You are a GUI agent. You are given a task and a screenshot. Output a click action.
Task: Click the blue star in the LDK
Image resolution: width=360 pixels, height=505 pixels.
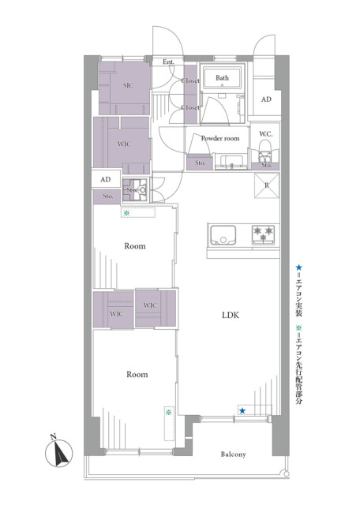(242, 410)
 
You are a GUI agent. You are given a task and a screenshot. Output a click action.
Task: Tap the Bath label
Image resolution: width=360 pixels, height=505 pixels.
(222, 77)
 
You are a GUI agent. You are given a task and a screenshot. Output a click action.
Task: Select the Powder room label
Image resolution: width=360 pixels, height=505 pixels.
(220, 138)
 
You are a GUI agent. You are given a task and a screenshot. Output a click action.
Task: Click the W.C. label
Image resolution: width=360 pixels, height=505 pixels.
(266, 133)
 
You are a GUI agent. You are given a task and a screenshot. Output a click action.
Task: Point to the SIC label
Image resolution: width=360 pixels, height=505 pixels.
(128, 85)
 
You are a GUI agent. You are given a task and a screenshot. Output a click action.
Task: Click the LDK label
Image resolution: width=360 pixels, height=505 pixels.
(231, 315)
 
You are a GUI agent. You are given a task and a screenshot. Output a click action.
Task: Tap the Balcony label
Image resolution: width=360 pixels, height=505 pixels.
(234, 454)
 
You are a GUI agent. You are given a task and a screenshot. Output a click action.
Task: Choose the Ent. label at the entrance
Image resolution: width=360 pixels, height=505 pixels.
(168, 62)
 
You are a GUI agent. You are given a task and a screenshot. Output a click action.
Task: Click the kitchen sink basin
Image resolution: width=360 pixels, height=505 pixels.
(223, 235)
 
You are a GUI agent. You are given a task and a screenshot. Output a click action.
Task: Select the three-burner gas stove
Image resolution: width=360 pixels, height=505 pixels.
(264, 234)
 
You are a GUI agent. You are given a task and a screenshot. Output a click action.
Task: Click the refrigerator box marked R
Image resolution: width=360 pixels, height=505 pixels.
(267, 185)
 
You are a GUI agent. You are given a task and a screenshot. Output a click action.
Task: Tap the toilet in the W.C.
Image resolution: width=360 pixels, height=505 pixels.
(266, 154)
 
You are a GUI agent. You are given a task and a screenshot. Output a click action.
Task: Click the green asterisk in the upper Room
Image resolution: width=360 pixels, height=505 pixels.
(126, 212)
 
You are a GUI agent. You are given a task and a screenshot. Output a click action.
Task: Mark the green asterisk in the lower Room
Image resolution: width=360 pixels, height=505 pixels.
(168, 412)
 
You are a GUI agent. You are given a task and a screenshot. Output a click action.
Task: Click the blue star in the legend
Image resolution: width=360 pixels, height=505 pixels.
(298, 267)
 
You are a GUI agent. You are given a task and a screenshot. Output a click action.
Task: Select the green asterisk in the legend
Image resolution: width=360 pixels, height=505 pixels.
(298, 328)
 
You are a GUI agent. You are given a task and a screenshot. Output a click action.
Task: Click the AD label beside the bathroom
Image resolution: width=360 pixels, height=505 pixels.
(266, 99)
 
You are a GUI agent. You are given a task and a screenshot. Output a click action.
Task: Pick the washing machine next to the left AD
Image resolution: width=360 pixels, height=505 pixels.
(135, 190)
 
